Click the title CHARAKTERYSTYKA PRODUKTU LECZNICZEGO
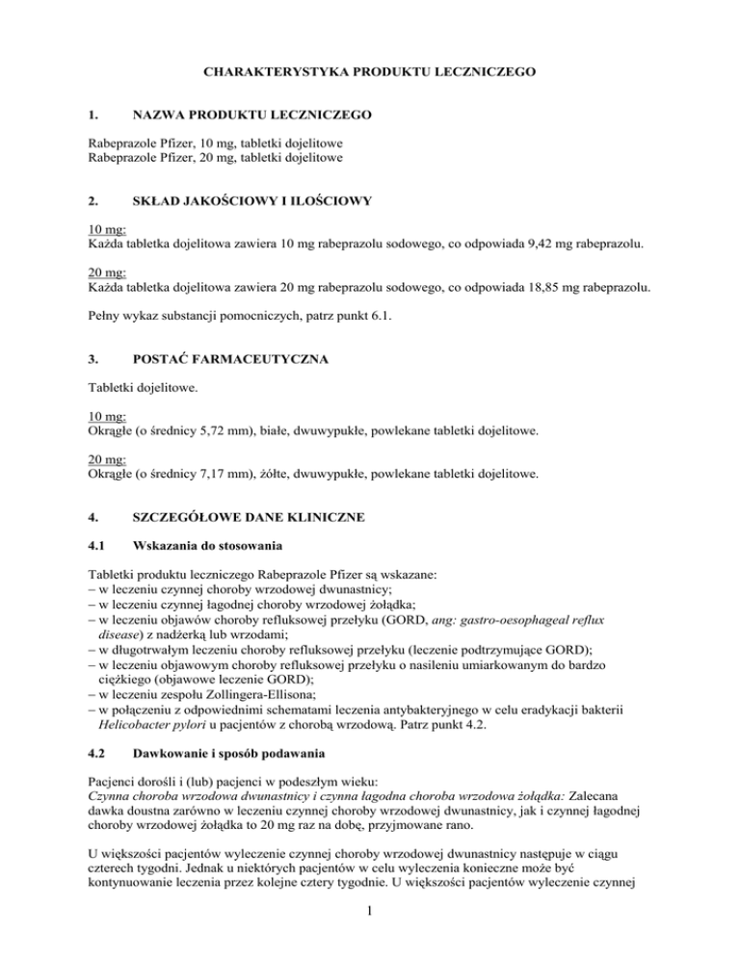[x=369, y=72]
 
